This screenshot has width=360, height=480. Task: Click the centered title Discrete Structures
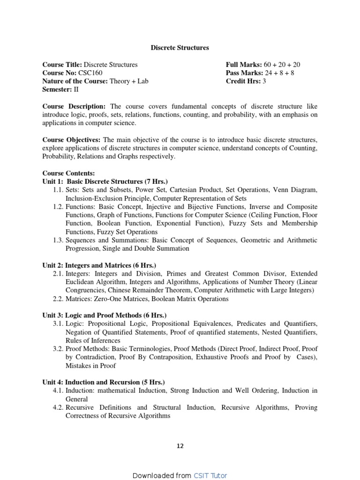[180, 48]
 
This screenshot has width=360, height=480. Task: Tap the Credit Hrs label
[242, 82]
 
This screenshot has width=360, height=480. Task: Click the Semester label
[57, 90]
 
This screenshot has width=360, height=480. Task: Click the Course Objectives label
[72, 140]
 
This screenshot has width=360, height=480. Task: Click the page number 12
[180, 446]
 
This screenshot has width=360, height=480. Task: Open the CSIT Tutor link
[210, 475]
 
